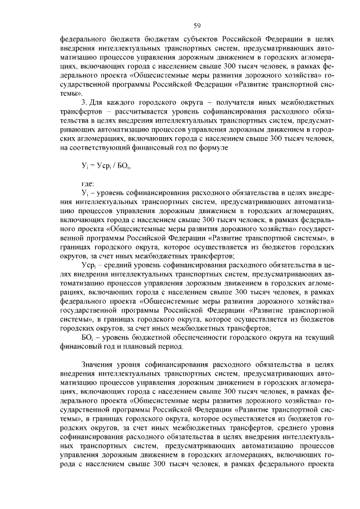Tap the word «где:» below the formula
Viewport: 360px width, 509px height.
point(88,184)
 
